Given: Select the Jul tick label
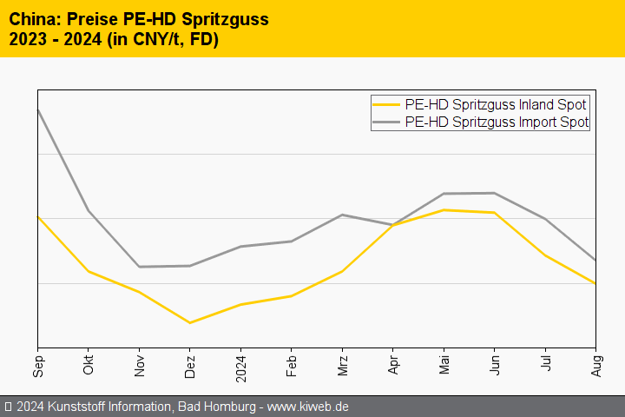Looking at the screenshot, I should coord(544,363).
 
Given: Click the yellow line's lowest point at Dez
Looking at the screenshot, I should coord(190,323).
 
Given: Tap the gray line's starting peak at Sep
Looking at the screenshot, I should coord(38,110).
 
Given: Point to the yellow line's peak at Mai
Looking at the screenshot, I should coord(444,209).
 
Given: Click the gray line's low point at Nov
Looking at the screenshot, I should coord(139,267).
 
